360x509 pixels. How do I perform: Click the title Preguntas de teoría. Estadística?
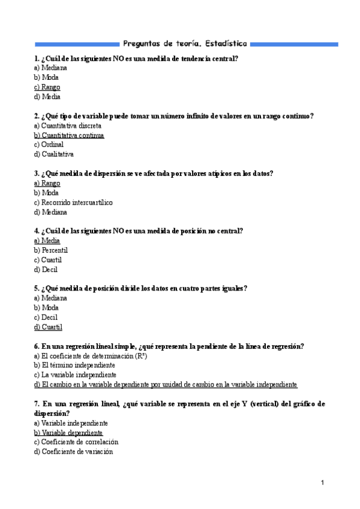[x=184, y=44]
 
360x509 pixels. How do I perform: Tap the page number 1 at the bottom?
[x=323, y=483]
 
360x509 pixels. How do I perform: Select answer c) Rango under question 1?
[x=47, y=87]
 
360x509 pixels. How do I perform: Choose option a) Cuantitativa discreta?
[x=68, y=126]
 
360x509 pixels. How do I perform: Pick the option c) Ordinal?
[x=49, y=145]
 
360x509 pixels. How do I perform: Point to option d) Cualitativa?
[x=54, y=154]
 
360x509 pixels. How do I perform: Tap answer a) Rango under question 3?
[x=47, y=183]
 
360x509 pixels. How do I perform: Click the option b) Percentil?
[x=51, y=250]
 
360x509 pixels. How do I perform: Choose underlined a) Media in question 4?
[x=47, y=241]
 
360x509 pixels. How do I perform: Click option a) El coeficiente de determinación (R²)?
[x=91, y=356]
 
